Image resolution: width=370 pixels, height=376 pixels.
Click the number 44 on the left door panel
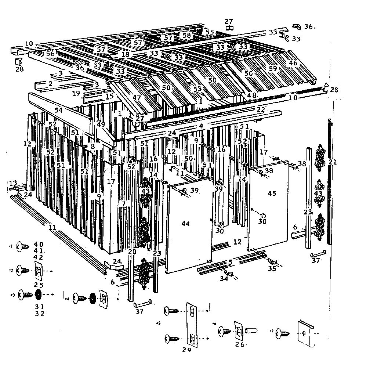[186, 224]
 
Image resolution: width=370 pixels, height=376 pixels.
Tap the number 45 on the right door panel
[272, 194]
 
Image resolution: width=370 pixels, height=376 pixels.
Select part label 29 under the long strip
[186, 350]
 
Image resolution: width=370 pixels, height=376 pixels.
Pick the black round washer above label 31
[38, 295]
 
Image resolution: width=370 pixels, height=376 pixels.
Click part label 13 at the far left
[13, 183]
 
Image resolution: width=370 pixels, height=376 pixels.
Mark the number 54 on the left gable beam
[58, 110]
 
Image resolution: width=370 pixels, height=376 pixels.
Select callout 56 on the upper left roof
[50, 54]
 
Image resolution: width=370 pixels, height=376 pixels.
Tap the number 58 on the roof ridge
[187, 36]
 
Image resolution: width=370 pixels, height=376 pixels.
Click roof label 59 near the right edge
[273, 68]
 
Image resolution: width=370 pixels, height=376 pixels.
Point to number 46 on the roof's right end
[293, 63]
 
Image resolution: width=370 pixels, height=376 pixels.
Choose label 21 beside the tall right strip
[333, 162]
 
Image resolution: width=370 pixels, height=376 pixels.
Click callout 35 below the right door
[272, 268]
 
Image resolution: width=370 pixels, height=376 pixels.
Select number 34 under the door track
[224, 279]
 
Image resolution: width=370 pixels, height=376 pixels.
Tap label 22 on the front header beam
[261, 109]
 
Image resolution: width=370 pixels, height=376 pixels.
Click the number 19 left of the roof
[76, 93]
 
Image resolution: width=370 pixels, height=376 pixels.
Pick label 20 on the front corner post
[132, 252]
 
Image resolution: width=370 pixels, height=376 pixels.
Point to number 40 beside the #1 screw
[39, 244]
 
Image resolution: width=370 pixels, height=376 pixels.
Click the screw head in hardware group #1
[23, 247]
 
